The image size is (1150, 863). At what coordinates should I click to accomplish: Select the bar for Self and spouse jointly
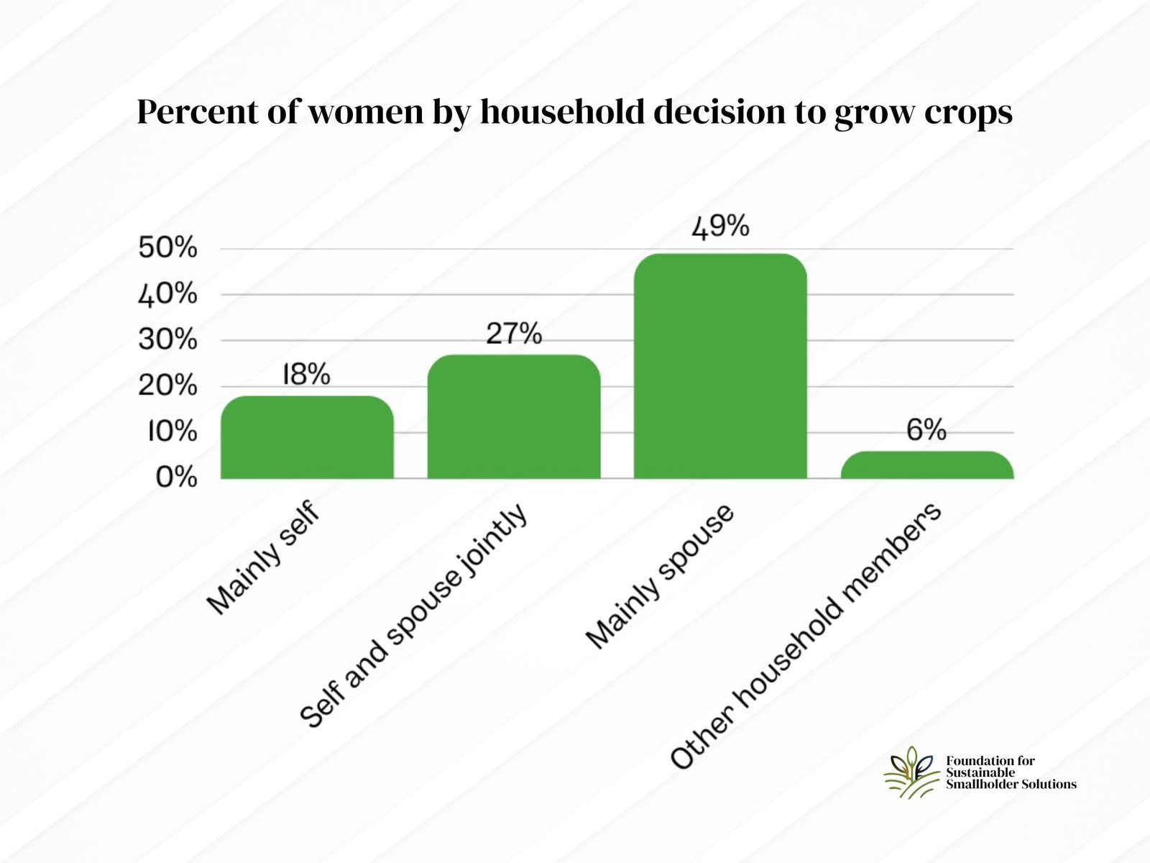(514, 417)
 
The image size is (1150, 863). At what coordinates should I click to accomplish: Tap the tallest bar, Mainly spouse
(720, 367)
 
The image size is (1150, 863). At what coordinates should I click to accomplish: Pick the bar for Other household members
(927, 465)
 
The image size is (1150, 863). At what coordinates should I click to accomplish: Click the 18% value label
(306, 375)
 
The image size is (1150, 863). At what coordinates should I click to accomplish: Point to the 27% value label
(514, 334)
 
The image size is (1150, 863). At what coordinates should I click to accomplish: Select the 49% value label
(720, 227)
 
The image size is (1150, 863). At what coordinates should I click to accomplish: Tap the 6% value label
(926, 430)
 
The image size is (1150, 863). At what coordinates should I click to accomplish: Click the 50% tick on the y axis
(167, 248)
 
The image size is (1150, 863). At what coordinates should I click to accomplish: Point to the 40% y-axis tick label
(167, 294)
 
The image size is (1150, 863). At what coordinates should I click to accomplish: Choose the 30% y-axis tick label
(167, 339)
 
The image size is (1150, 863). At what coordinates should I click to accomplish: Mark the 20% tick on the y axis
(167, 385)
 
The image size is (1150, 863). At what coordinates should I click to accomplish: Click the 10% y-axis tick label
(172, 431)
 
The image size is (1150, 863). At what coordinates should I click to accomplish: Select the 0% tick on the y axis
(176, 477)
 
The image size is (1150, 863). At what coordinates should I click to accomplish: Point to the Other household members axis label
(805, 636)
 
